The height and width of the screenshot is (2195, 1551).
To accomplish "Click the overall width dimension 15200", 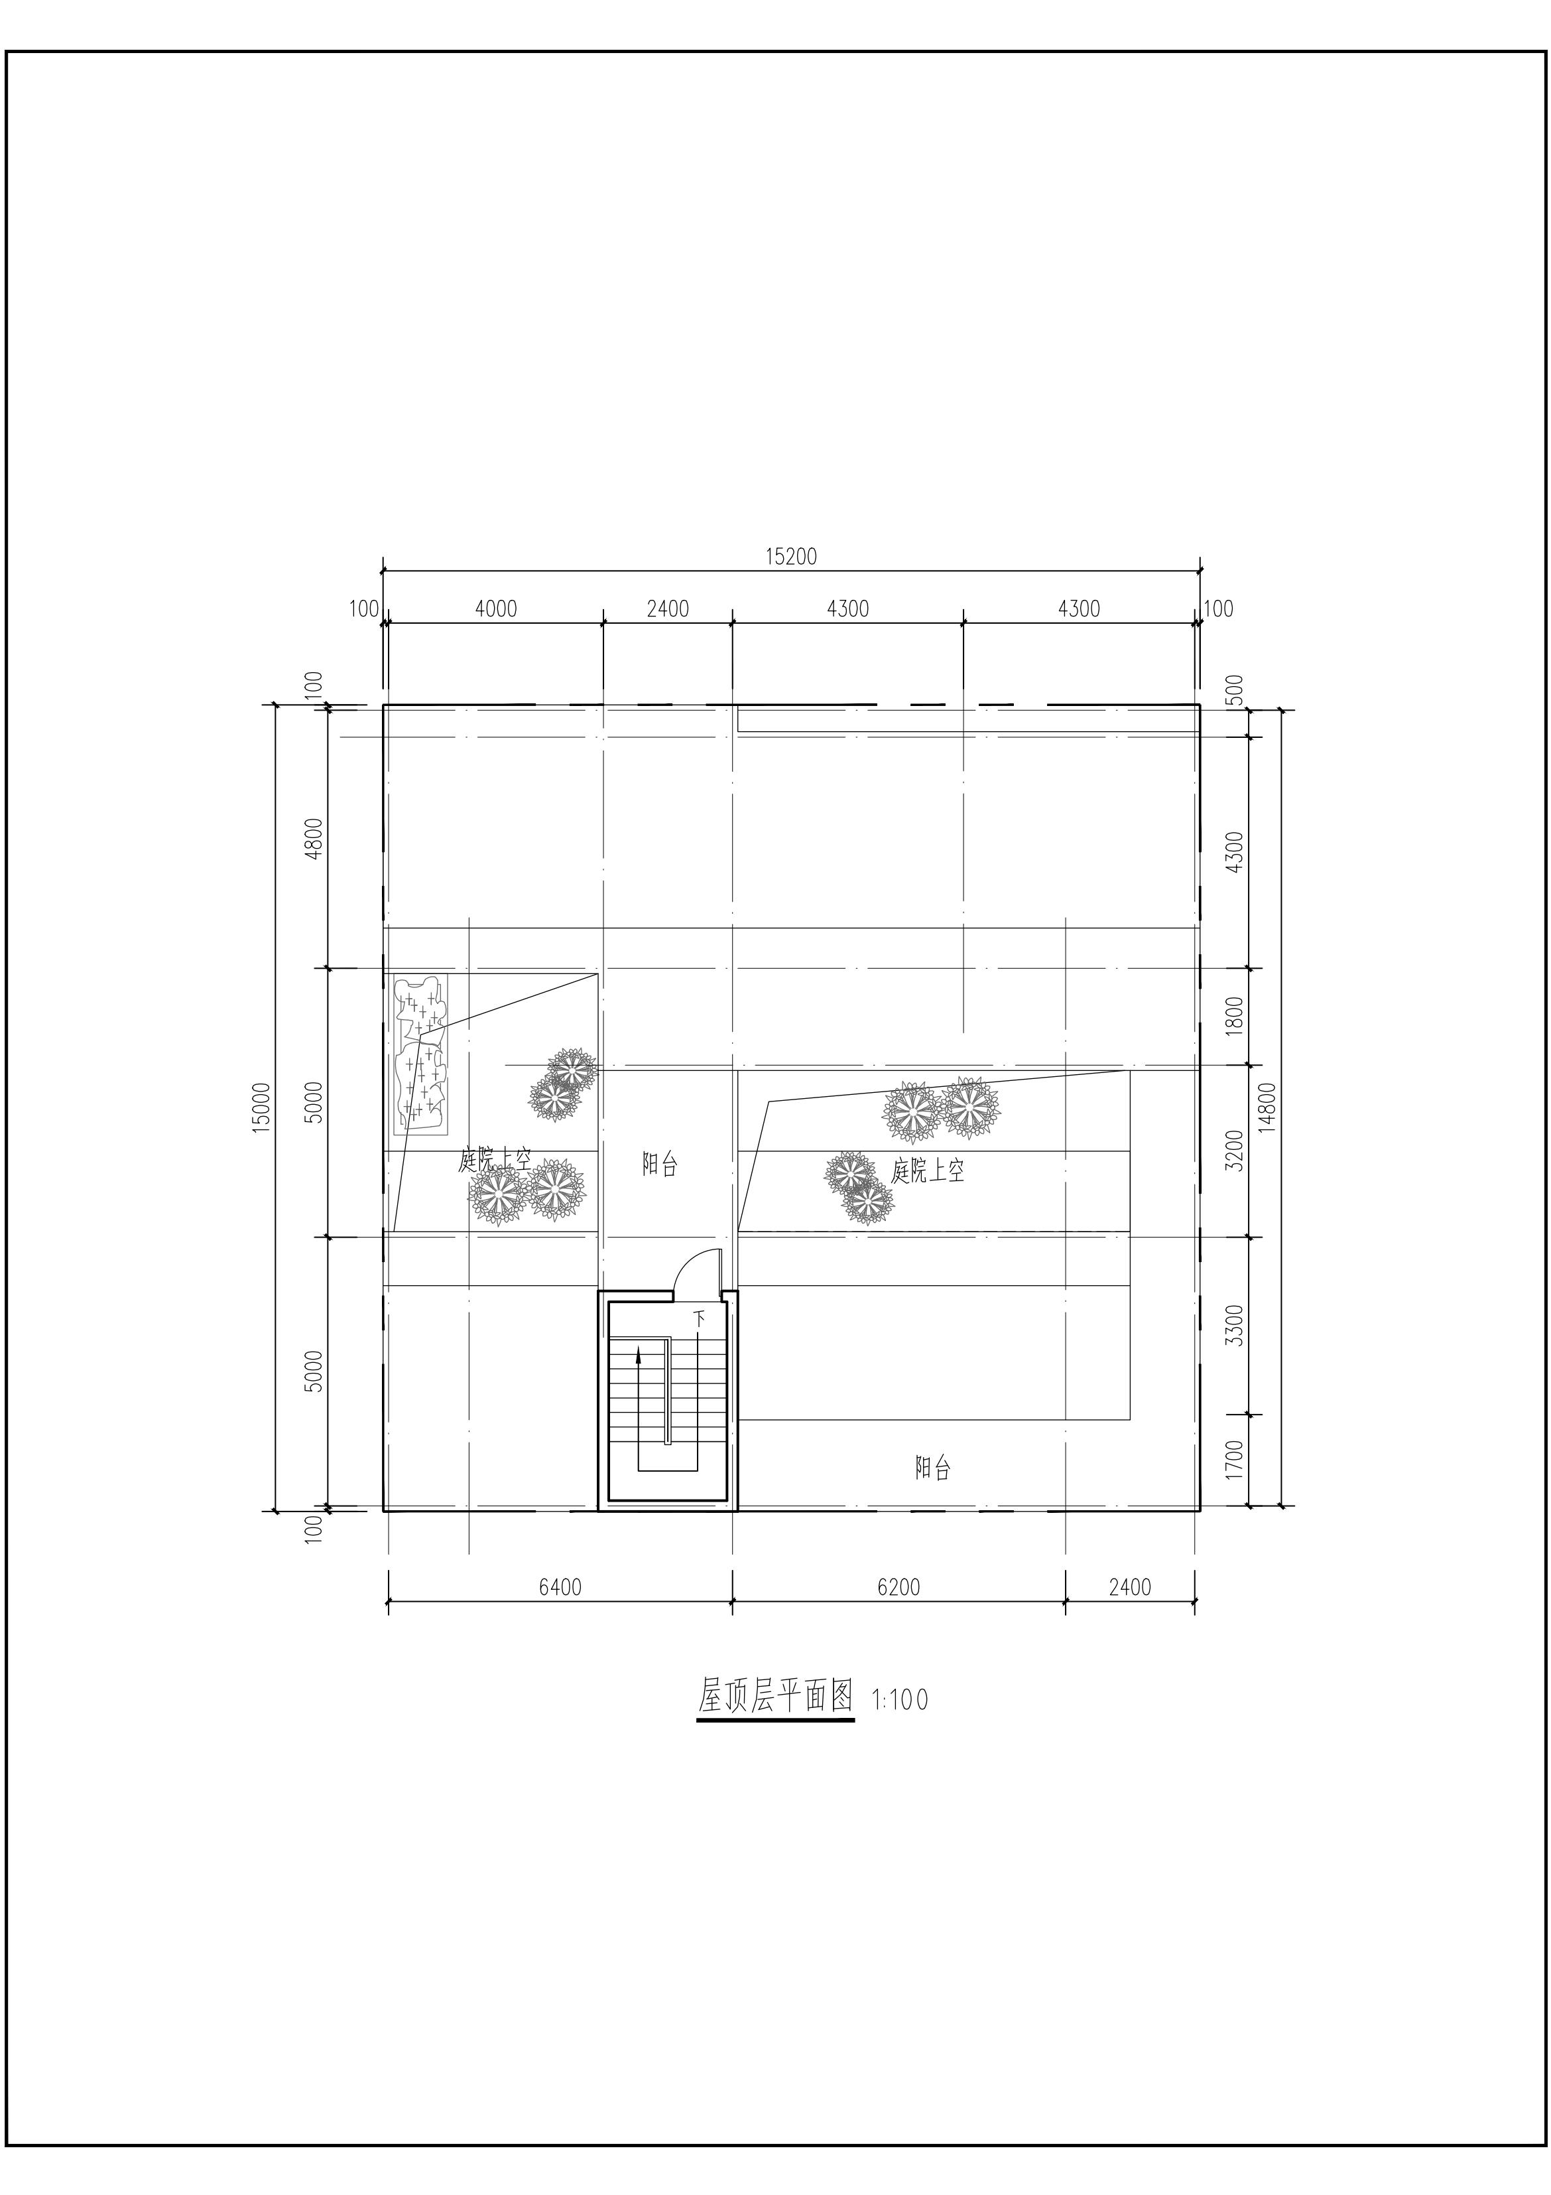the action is [x=791, y=557].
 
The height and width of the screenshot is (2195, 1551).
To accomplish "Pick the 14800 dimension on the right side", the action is [x=1267, y=1107].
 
